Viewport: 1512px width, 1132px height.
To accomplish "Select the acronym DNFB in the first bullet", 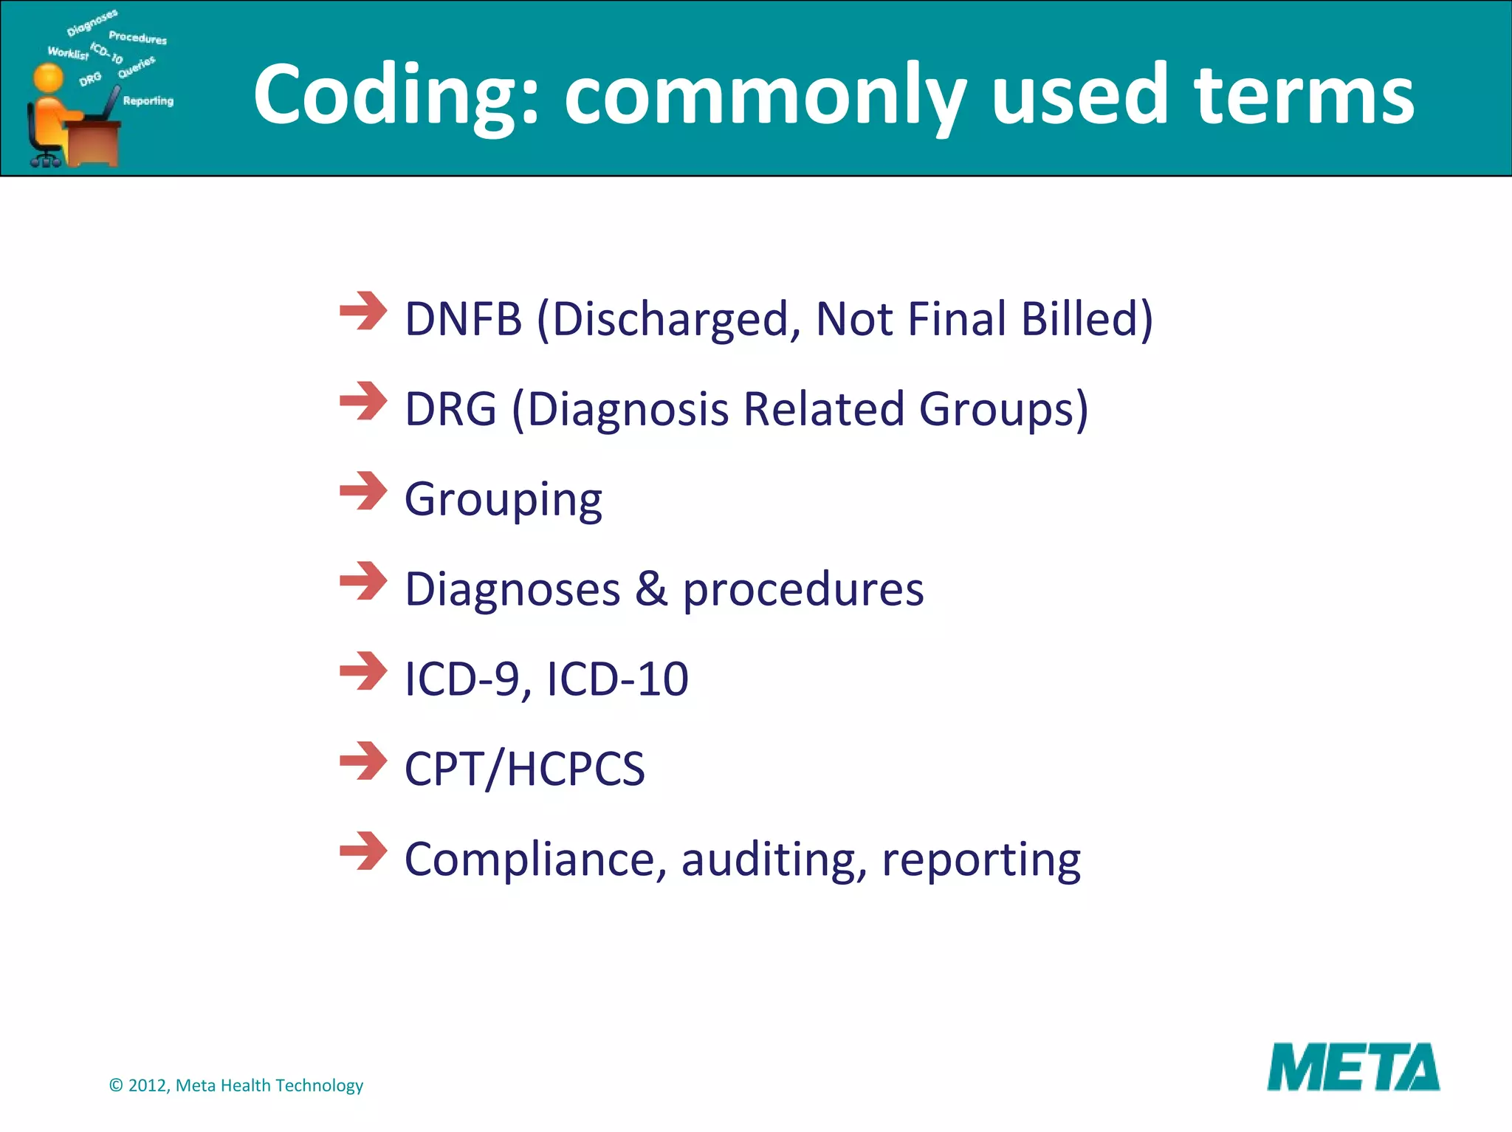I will click(x=464, y=319).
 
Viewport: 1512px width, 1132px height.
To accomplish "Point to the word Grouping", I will click(x=503, y=500).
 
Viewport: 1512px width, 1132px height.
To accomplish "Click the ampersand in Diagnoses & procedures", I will click(x=651, y=589).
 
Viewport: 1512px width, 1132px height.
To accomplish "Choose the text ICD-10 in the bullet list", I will click(x=617, y=679).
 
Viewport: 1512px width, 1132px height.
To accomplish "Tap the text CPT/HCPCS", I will click(x=524, y=769).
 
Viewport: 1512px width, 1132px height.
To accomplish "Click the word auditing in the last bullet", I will click(x=774, y=860).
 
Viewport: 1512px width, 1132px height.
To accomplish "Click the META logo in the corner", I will click(x=1353, y=1067).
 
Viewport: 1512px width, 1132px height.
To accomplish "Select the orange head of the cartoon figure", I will click(x=49, y=78).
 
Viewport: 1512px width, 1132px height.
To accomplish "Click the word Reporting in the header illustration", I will click(x=148, y=101).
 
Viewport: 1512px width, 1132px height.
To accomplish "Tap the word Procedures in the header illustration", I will click(x=137, y=38).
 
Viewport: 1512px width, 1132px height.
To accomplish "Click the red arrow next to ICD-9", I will click(x=362, y=671).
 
